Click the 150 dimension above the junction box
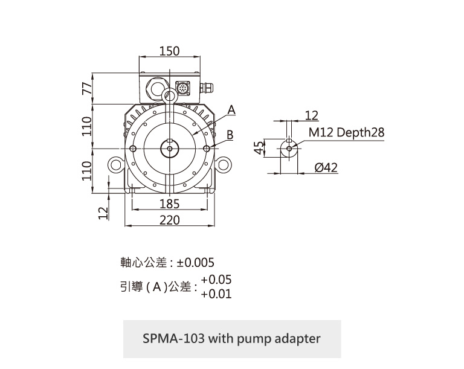tap(170, 51)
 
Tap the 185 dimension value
tap(170, 204)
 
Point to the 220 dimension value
tap(170, 220)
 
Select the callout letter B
tap(230, 134)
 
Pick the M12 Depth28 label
tap(346, 132)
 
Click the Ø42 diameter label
tap(327, 167)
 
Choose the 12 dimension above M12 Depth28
tap(312, 115)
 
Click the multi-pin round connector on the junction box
tap(182, 88)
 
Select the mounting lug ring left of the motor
tap(115, 164)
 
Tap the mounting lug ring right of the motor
tap(224, 164)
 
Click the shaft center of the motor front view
tap(170, 149)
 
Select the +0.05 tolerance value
tap(216, 280)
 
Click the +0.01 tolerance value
tap(216, 294)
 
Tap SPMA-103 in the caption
tap(175, 338)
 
